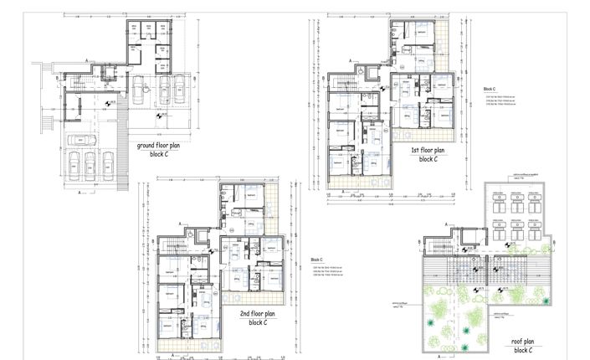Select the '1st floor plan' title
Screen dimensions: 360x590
tap(427, 150)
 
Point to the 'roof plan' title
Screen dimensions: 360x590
tap(528, 342)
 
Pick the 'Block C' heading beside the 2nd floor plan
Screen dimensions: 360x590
tap(317, 260)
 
